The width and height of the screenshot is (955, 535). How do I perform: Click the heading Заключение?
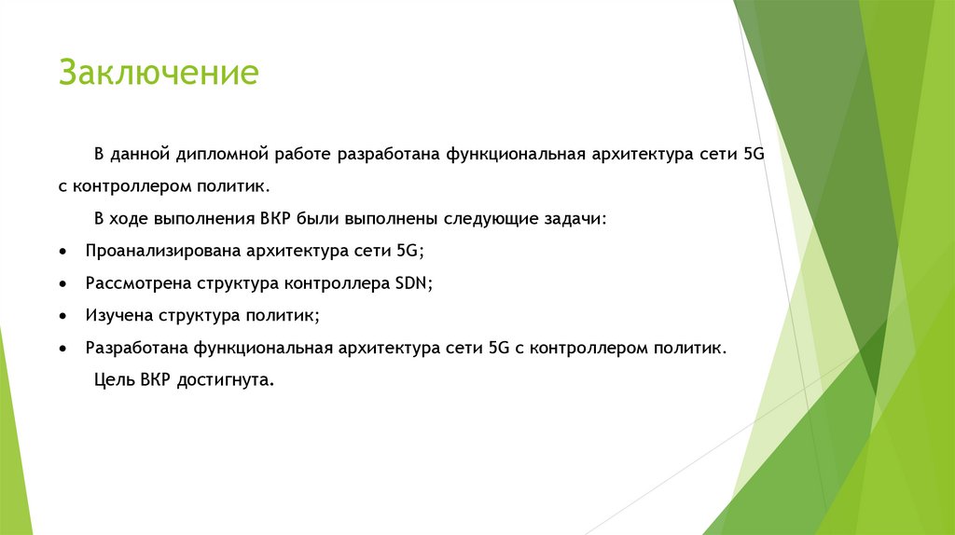coord(158,73)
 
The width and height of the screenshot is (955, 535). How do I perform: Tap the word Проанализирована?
coord(163,252)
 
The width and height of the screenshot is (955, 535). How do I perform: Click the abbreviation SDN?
coord(416,283)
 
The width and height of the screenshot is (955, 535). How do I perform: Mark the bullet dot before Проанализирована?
coord(62,253)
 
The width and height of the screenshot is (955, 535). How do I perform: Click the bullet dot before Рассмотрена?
coord(62,284)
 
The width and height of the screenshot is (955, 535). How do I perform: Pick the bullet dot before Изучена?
coord(62,317)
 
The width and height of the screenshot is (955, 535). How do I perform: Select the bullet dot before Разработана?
coord(62,350)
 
